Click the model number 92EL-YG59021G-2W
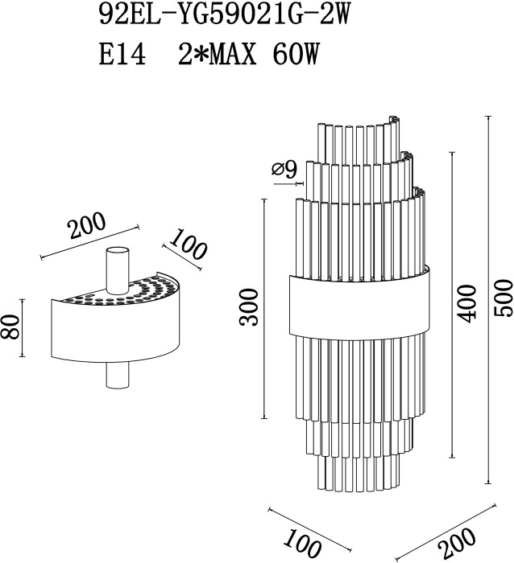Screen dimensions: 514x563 tap(224, 15)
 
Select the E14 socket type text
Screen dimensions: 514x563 tap(122, 55)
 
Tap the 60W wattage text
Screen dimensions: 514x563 tap(296, 55)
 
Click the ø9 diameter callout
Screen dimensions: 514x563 tap(284, 169)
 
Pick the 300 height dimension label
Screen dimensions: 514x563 tap(249, 307)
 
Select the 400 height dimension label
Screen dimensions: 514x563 tap(466, 303)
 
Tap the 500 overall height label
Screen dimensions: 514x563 tap(503, 298)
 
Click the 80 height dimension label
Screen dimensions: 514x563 tap(10, 327)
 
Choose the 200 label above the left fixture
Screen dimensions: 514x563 tap(87, 226)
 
